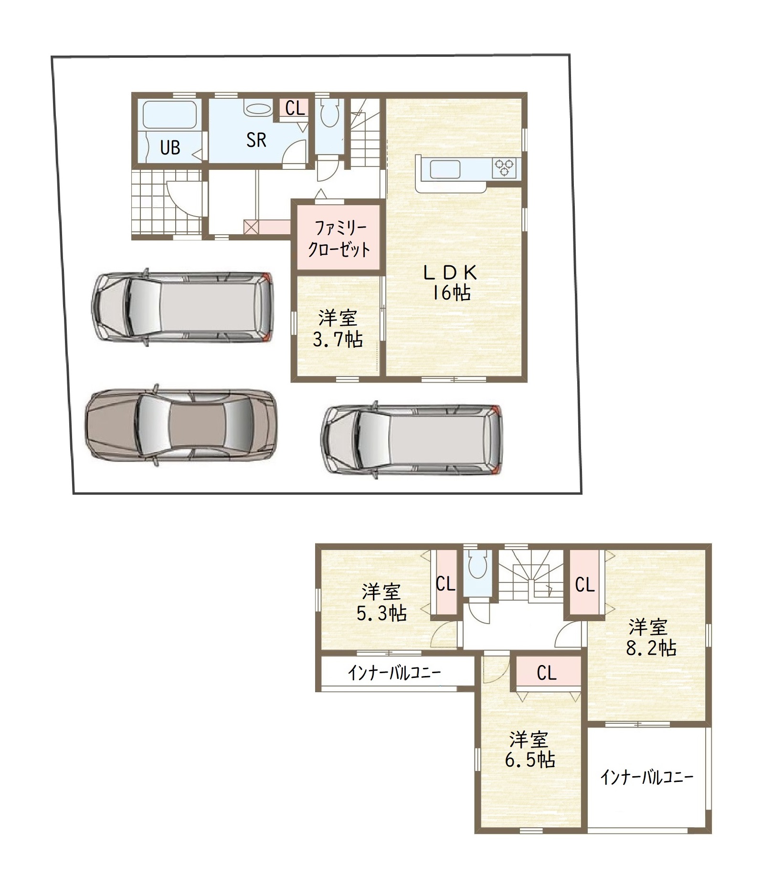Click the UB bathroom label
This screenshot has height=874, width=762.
170,147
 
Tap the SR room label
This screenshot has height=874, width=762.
256,140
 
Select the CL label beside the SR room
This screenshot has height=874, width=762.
295,108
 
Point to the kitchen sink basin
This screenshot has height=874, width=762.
445,169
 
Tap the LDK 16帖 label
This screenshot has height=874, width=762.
451,282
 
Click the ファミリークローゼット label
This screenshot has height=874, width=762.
339,239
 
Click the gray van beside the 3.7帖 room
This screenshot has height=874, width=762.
183,306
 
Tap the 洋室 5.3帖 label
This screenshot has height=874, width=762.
381,602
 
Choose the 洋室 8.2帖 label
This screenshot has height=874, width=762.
651,637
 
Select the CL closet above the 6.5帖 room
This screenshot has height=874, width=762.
546,673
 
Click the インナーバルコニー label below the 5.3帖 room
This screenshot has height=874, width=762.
394,673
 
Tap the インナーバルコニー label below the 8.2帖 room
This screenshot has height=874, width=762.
647,778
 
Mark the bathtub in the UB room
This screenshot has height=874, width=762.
170,115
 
